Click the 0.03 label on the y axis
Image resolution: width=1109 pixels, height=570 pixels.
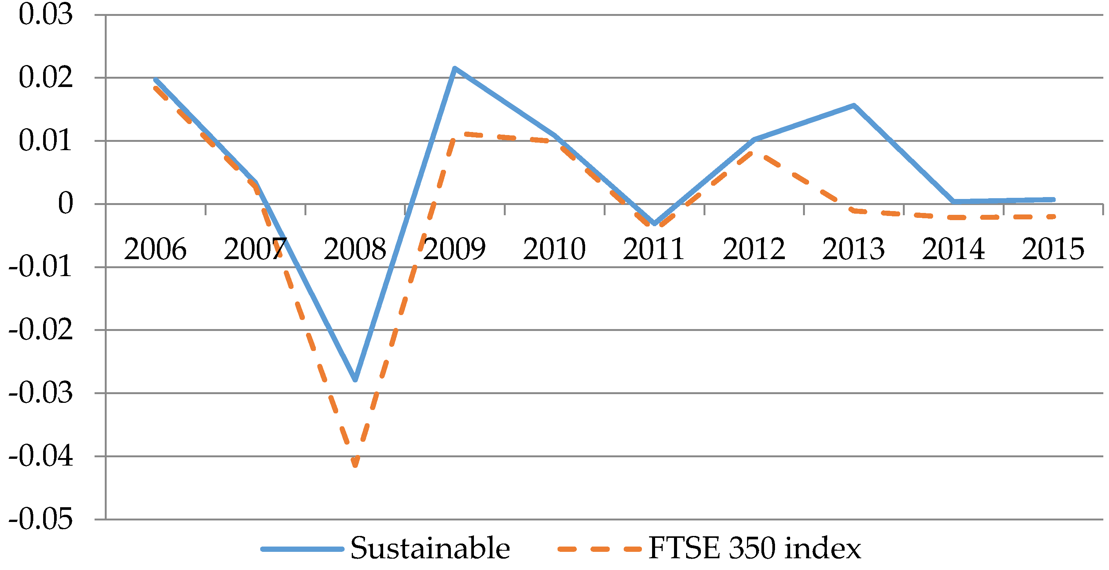pos(46,15)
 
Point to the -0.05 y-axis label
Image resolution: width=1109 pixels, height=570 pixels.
pos(40,520)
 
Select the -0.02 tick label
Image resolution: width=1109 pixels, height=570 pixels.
pos(40,330)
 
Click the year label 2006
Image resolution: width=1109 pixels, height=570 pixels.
pos(155,249)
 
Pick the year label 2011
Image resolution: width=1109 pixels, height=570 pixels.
pos(654,249)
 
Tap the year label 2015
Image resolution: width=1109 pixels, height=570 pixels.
pos(1053,249)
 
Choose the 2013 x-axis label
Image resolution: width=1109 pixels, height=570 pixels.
pos(853,249)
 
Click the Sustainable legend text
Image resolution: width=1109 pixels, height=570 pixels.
pos(430,548)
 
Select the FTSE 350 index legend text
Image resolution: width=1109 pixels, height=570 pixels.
pos(754,548)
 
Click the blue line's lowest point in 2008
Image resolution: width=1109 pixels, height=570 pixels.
pos(355,379)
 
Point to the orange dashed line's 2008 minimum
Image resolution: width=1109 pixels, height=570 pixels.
pos(355,465)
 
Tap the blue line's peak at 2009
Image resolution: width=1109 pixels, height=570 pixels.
pos(455,68)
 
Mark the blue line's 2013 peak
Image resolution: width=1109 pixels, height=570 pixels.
pos(854,106)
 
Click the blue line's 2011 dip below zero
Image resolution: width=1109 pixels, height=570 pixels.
pos(654,224)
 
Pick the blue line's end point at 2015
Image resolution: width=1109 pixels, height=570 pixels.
pos(1053,200)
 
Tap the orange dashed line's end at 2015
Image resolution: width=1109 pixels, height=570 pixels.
pos(1052,217)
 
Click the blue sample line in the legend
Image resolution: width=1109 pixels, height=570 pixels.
pos(302,549)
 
